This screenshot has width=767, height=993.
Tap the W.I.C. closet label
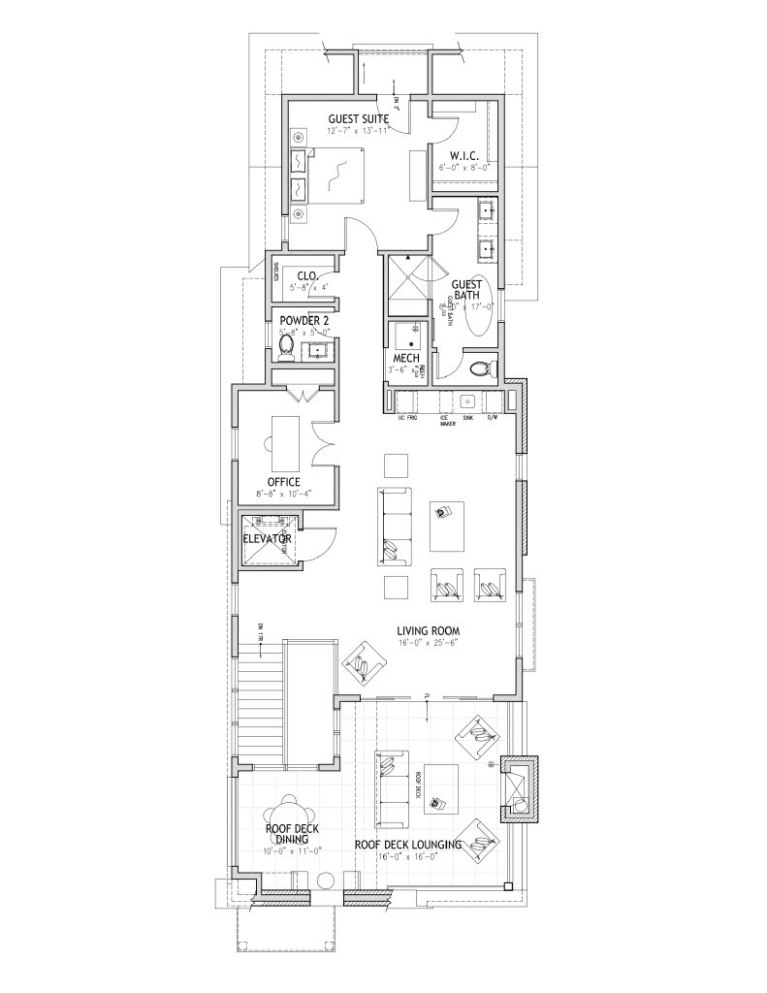463,155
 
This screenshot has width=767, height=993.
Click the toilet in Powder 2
286,346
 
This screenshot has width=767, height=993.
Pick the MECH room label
404,358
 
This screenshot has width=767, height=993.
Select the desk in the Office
284,441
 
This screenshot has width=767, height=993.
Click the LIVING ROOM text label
428,630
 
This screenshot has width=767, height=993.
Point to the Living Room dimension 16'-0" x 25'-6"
428,642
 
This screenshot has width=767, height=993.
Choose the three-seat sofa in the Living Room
395,527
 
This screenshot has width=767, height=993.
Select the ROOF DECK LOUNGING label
407,845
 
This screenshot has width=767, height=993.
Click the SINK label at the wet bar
467,419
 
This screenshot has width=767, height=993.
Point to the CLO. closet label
307,275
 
